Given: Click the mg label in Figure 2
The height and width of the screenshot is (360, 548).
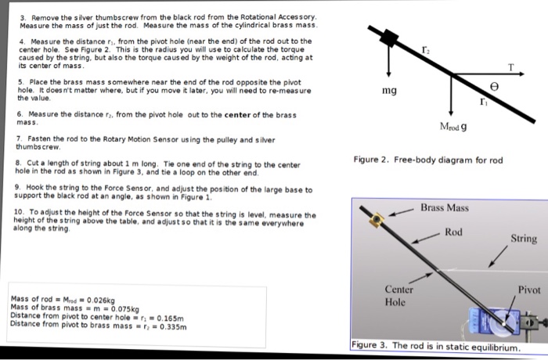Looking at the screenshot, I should pos(389,92).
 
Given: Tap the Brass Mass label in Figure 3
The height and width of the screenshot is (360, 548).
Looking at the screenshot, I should pos(445,207).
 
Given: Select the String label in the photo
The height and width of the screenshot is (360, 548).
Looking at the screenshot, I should pos(524,238).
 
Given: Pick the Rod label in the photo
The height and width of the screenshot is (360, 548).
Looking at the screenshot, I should pos(454,232).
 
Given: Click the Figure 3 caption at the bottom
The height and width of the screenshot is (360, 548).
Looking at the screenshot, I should pos(434,346).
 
